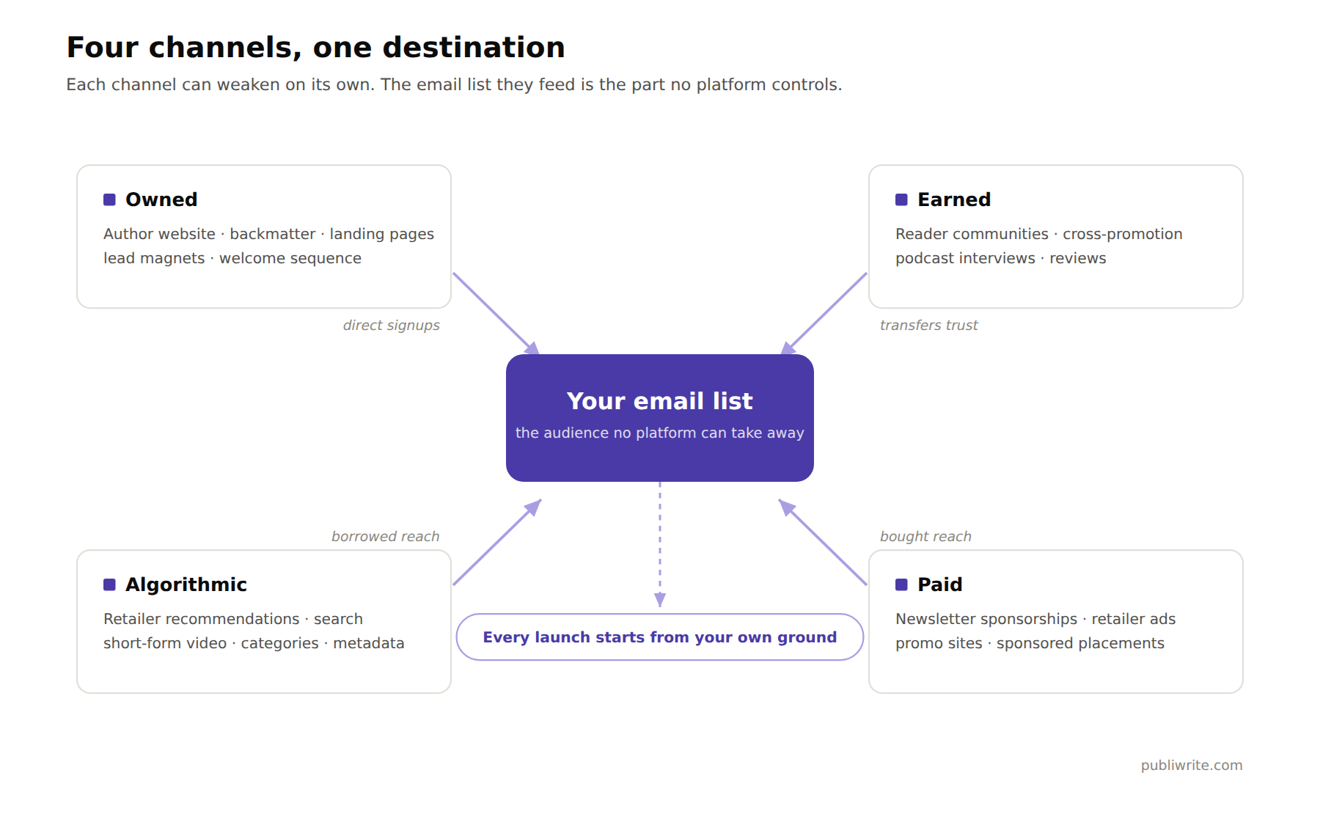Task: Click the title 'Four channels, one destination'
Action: pos(316,48)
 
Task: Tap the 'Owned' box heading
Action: pos(161,199)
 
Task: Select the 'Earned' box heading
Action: pos(954,199)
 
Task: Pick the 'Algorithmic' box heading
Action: pos(186,584)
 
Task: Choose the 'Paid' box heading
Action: pos(940,584)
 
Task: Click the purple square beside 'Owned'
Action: pos(109,199)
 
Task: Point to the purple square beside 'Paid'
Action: pos(901,584)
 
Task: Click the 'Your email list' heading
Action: pos(660,401)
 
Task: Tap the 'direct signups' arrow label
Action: pos(392,325)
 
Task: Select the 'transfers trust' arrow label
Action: pos(929,325)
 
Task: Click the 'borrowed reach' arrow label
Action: pos(386,536)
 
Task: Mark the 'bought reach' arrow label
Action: pos(925,536)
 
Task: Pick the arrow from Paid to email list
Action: pos(823,542)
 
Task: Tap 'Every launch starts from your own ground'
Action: pos(660,637)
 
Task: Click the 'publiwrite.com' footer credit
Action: pos(1192,765)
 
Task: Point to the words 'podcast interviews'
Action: pos(965,258)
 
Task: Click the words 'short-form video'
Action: pos(165,643)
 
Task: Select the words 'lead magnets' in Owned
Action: pos(154,258)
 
